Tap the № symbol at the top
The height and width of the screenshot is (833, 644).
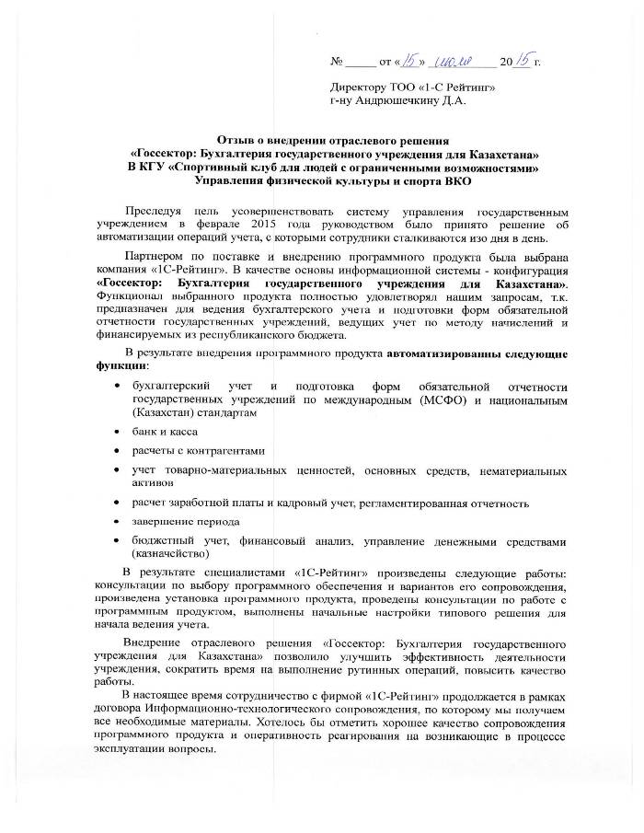coord(337,64)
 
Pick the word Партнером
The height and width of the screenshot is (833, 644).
coord(155,257)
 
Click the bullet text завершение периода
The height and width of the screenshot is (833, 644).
coord(179,522)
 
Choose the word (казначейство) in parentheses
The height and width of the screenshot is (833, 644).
coord(170,553)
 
